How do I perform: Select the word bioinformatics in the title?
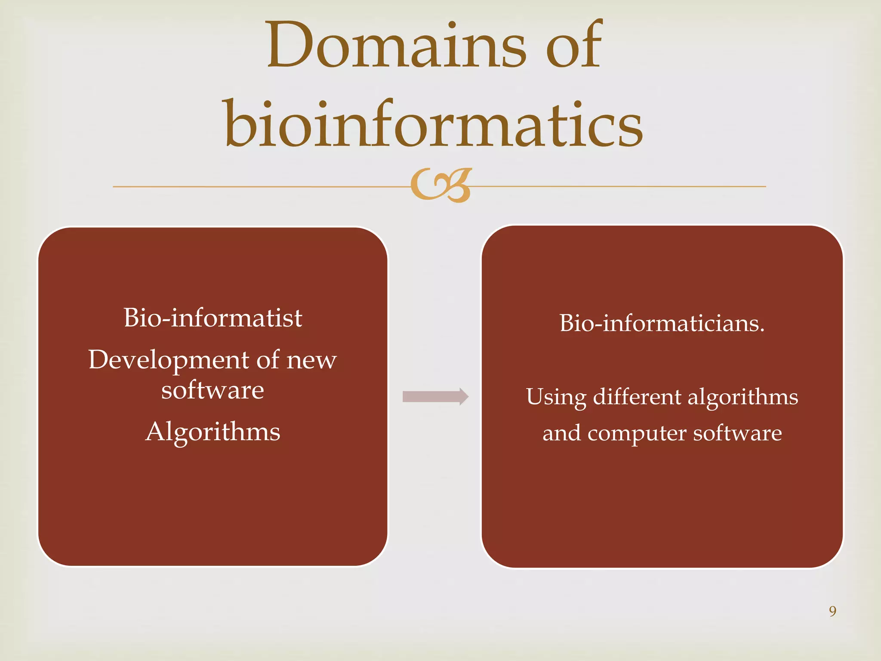pos(434,125)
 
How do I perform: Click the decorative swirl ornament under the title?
pos(440,185)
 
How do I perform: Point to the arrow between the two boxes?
pos(435,396)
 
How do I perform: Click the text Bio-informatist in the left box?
pos(213,318)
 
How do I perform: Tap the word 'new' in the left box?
pos(312,360)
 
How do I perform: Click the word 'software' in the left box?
pos(213,390)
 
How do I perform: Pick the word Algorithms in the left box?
pos(213,432)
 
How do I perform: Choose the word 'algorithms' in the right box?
pos(743,397)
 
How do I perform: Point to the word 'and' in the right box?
pos(561,433)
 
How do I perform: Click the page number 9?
pos(832,611)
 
